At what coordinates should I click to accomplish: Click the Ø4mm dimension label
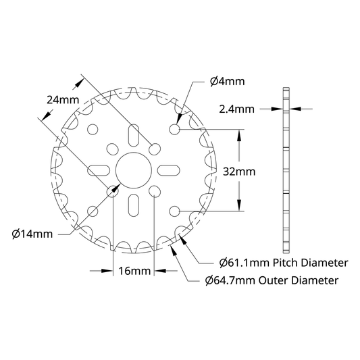coord(228,82)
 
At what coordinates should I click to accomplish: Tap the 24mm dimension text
coord(63,100)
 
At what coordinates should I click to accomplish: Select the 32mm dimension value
coord(239,172)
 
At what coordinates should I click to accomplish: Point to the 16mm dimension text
coord(134,271)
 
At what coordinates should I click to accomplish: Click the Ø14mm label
coord(32,234)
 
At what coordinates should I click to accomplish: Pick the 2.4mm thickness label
coord(236,109)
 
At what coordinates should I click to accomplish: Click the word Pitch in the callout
coord(286,263)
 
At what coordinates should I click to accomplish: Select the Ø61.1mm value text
coord(245,263)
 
